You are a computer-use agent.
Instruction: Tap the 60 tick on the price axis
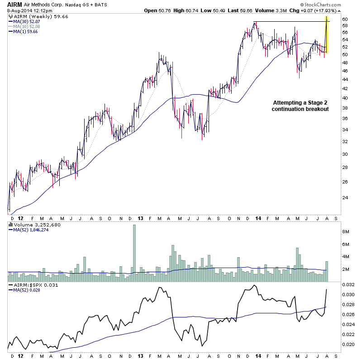pyautogui.click(x=345, y=19)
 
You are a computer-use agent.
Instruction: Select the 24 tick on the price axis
pyautogui.click(x=345, y=197)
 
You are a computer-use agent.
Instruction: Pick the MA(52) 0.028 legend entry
pyautogui.click(x=27, y=291)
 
